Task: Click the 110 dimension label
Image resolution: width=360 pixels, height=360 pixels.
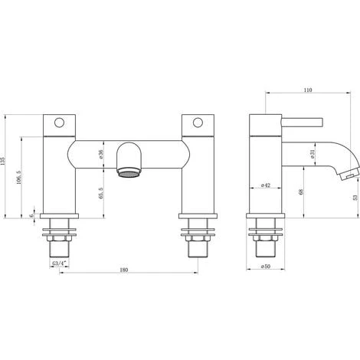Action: pos(308,90)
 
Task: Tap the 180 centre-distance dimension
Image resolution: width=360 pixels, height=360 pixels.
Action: pos(123,270)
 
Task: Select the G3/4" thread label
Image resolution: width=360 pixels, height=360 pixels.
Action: pos(59,263)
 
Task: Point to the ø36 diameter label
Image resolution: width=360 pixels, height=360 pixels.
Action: pos(101,154)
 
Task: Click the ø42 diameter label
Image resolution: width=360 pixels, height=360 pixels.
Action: pos(266,185)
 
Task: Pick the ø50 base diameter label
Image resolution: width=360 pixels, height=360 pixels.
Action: pos(266,267)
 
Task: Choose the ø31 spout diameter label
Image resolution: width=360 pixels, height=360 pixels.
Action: pos(313,154)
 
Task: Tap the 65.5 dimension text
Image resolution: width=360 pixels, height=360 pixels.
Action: pos(101,193)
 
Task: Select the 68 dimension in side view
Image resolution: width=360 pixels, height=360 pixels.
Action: pos(300,191)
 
